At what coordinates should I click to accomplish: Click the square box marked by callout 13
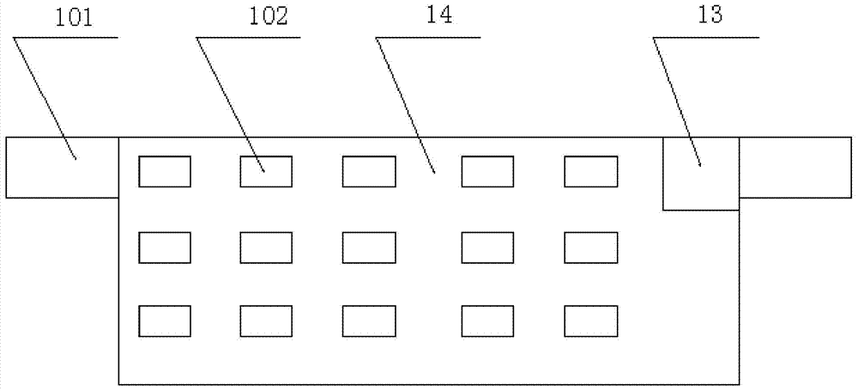[x=701, y=174]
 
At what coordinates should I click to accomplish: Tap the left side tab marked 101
[x=63, y=168]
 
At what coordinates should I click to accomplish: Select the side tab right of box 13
[x=795, y=168]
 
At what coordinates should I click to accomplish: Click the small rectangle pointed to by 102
[x=266, y=172]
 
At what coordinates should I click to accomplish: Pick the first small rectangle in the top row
[x=165, y=172]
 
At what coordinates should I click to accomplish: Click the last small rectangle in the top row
[x=591, y=172]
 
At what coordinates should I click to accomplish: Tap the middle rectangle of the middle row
[x=369, y=247]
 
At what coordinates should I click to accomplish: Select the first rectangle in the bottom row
[x=165, y=321]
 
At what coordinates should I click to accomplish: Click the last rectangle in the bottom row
[x=591, y=321]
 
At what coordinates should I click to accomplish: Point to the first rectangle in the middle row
[x=165, y=247]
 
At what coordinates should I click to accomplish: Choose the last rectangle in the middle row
[x=591, y=247]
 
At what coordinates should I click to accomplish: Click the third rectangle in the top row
[x=369, y=172]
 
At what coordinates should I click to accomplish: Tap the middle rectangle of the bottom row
[x=369, y=321]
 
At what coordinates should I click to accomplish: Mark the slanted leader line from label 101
[x=45, y=98]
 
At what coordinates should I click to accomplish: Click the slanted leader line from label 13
[x=677, y=101]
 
